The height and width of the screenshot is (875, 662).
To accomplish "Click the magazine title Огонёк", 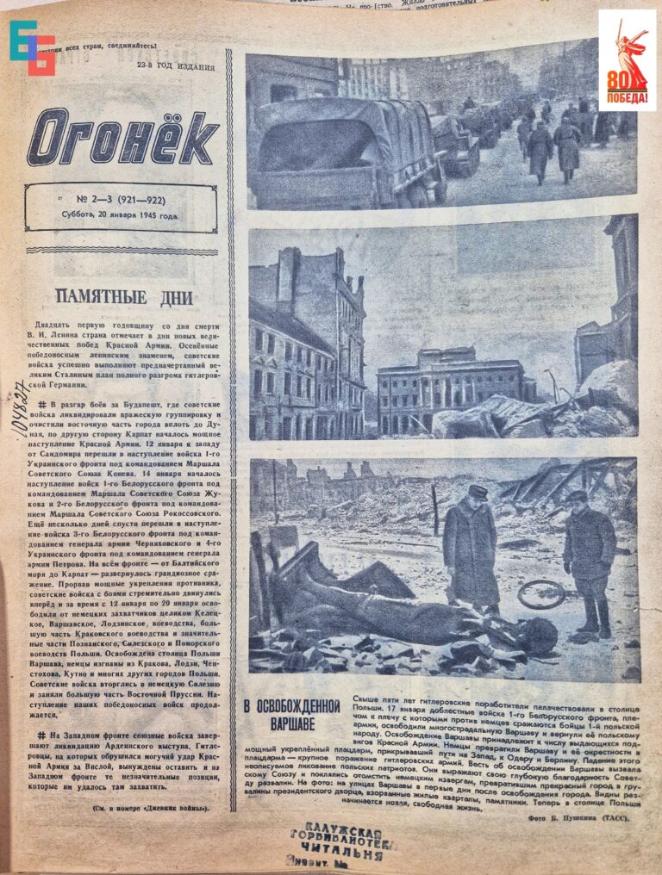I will [x=123, y=135].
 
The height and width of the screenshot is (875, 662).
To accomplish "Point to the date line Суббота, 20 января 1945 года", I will [x=120, y=216].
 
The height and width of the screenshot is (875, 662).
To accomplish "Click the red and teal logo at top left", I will [x=32, y=47].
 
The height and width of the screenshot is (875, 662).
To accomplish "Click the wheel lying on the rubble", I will [x=540, y=594].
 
